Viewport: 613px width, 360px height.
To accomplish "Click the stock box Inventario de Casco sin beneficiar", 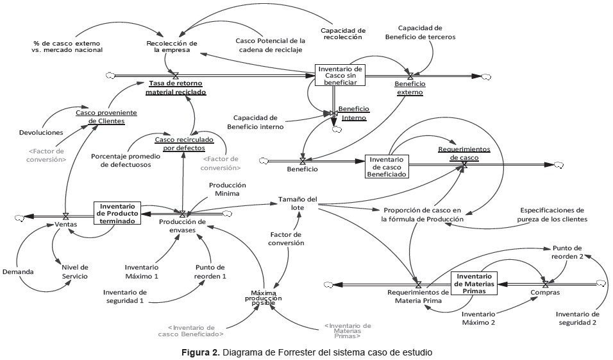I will coord(340,75).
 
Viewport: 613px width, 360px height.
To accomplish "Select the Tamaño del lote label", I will coord(298,203).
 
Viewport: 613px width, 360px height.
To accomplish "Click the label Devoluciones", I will coord(41,132).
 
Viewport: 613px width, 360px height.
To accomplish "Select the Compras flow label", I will coord(545,293).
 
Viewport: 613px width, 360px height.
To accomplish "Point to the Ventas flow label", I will coord(66,225).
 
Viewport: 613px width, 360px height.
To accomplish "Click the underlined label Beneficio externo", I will coord(409,88).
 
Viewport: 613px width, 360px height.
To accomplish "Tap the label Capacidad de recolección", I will coord(342,33).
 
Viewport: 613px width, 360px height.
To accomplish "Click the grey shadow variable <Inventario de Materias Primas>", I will coord(347,330).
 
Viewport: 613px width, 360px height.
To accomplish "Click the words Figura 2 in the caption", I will coord(200,352).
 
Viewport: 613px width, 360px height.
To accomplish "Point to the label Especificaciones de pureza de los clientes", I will coord(552,214).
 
